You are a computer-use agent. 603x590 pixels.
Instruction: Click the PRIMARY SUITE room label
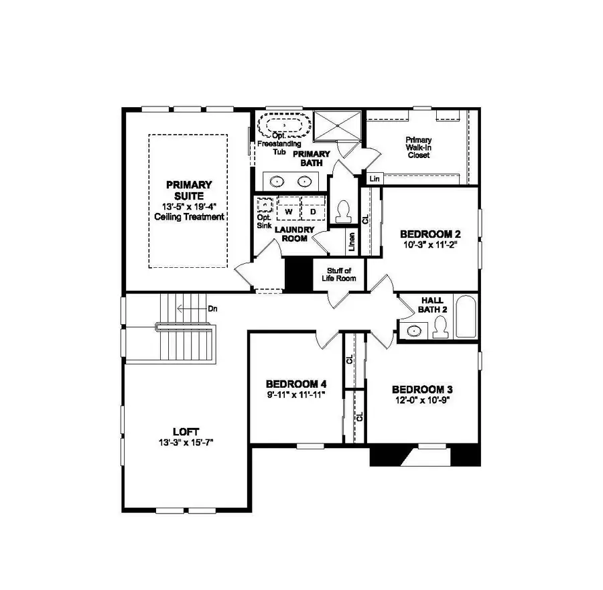(189, 190)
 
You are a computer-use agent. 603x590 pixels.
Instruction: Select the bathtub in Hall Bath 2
(464, 317)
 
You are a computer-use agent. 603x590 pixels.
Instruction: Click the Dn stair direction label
(212, 309)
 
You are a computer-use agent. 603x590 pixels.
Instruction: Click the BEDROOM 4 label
(295, 384)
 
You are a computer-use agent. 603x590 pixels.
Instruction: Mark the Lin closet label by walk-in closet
(373, 179)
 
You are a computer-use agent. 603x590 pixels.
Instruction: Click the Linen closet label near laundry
(351, 242)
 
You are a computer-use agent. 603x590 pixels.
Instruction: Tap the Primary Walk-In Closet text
(418, 147)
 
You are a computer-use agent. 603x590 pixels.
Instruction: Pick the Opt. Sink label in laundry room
(263, 222)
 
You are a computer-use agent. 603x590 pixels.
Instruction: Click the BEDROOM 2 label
(430, 234)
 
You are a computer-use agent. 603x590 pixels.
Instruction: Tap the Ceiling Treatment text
(189, 217)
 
